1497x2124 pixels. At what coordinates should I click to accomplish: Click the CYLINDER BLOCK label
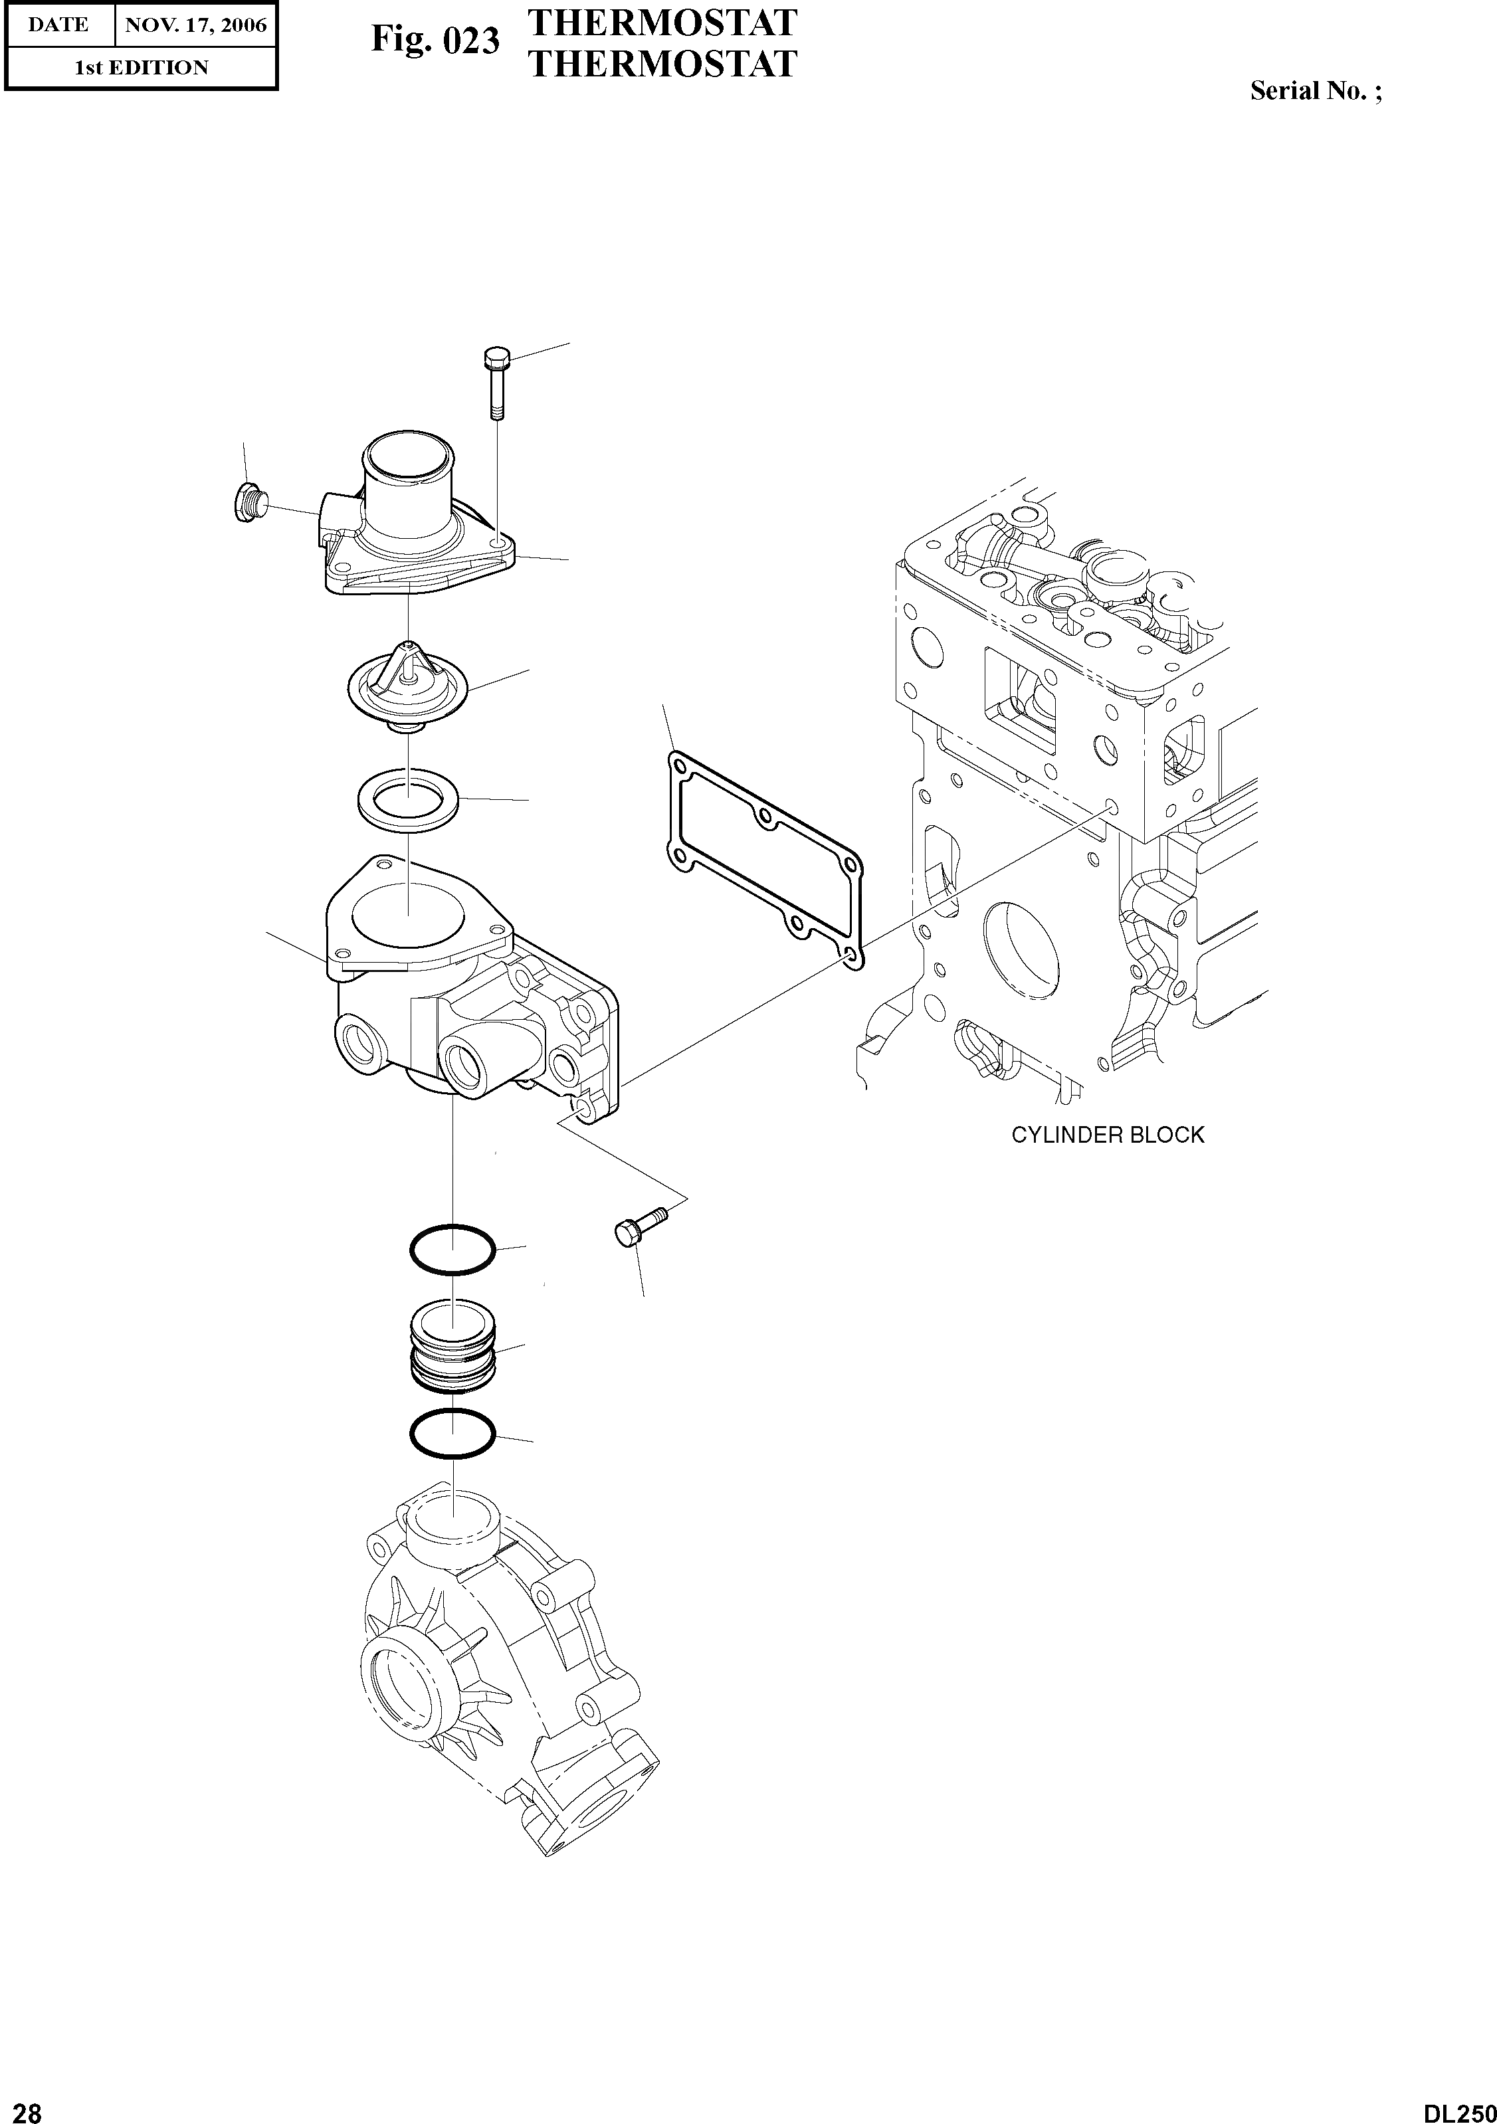[x=1108, y=1135]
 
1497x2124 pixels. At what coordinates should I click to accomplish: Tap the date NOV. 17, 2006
[x=195, y=25]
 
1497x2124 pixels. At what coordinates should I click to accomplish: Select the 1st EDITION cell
[x=142, y=68]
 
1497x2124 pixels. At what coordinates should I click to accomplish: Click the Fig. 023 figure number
[x=435, y=41]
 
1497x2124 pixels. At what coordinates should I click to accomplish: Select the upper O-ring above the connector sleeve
[x=453, y=1250]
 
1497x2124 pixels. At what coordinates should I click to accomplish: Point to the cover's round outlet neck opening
[x=407, y=457]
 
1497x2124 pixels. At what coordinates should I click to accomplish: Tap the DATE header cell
[x=58, y=25]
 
